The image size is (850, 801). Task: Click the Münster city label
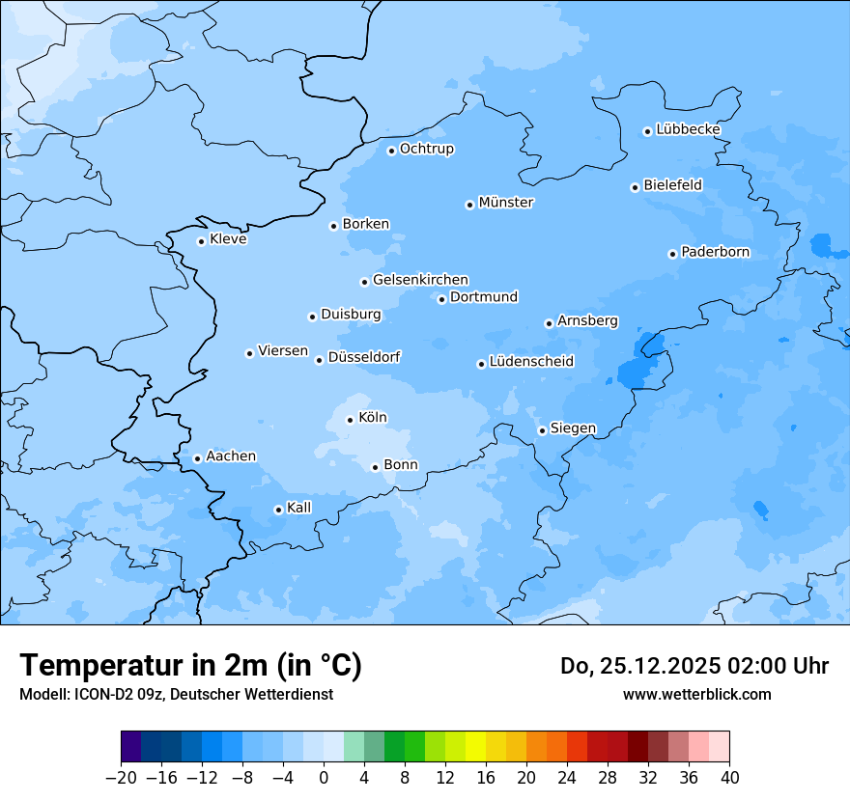tap(506, 203)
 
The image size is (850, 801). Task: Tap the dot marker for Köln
tap(350, 420)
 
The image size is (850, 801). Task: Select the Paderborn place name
tap(715, 253)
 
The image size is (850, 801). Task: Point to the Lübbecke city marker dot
tap(647, 131)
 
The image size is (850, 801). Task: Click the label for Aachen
tap(231, 456)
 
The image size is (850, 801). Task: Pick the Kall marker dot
tap(278, 510)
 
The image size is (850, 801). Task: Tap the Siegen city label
tap(573, 428)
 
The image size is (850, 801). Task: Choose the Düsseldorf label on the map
tap(364, 358)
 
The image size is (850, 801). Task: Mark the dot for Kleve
tap(201, 241)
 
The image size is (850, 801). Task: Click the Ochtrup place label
tap(427, 150)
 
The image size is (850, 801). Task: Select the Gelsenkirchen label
tap(420, 280)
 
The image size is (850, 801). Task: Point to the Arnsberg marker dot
tap(549, 323)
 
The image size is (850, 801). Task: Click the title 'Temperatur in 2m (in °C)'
tap(190, 666)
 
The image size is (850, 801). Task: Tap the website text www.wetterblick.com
tap(696, 695)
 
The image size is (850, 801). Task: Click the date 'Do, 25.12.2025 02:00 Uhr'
tap(694, 666)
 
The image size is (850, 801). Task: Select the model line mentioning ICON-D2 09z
tap(176, 695)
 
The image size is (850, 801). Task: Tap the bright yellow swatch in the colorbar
tap(475, 747)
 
